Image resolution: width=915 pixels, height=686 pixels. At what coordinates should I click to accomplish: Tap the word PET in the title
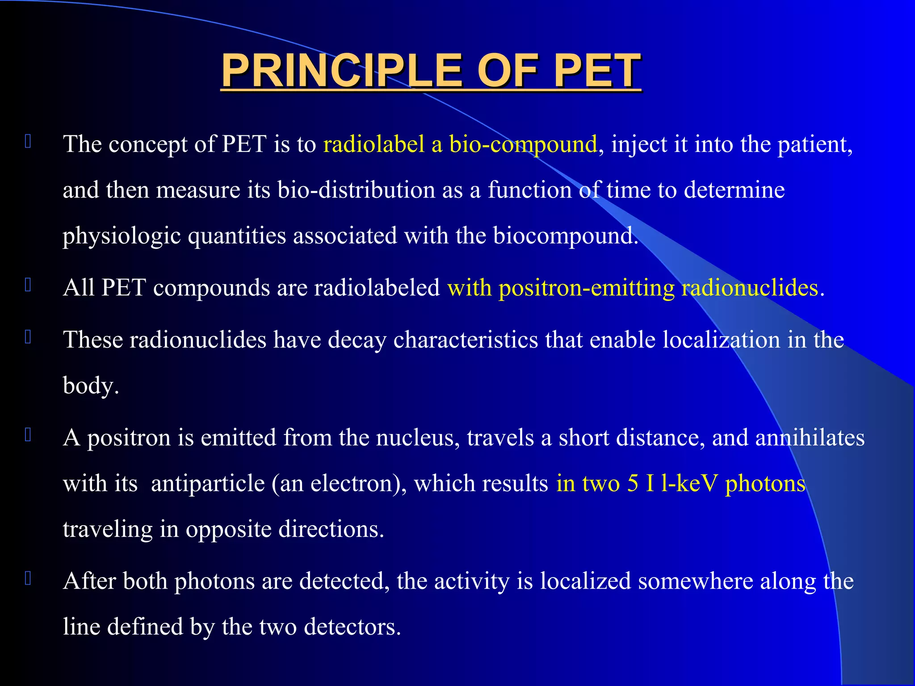597,71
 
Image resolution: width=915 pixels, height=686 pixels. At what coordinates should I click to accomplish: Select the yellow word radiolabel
374,144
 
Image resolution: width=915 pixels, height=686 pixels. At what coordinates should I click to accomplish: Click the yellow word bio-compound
523,144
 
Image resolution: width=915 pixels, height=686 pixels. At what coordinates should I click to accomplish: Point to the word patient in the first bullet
814,144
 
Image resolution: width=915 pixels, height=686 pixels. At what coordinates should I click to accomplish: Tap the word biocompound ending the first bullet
565,236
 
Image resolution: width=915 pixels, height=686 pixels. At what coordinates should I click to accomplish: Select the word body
89,385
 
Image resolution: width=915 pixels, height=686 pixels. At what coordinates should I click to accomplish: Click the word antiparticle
208,483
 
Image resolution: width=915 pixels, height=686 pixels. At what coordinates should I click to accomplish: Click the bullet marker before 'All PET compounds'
28,285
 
